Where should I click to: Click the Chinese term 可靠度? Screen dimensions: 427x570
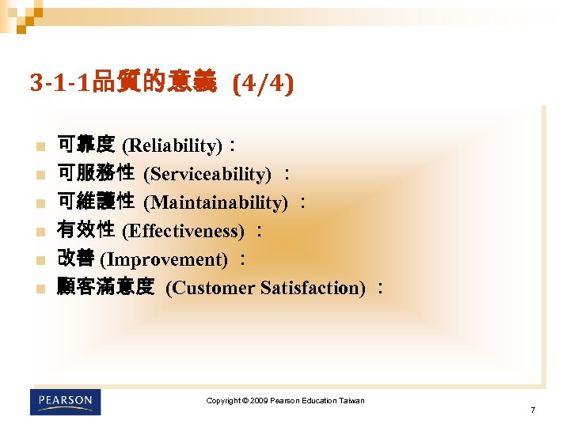85,145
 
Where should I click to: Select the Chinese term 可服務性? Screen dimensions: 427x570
95,173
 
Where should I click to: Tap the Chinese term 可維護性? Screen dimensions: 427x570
95,202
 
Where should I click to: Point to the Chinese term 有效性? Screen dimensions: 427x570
85,230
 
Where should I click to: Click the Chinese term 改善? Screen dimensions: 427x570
76,259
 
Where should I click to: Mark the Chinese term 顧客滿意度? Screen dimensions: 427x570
104,287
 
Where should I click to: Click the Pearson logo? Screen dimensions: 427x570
66,402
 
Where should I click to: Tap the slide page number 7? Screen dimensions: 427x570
533,410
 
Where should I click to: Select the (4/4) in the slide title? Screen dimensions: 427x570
263,83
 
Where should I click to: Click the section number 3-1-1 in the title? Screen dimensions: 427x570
60,83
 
